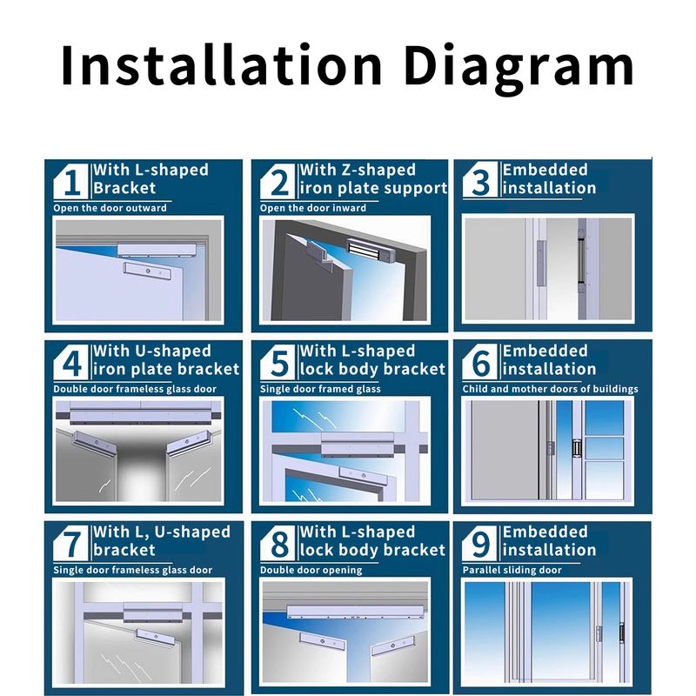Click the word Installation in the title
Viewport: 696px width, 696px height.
point(221,64)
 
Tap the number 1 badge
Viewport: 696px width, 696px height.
point(71,181)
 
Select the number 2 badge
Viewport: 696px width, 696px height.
point(278,181)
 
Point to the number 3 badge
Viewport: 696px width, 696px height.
point(480,181)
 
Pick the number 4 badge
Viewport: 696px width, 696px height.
point(71,362)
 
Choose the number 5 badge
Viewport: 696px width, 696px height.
point(278,362)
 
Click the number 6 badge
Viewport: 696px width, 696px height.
point(480,362)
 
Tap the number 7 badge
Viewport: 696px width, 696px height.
point(71,543)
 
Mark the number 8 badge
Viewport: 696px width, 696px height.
point(278,543)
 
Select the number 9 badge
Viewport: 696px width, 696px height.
point(480,543)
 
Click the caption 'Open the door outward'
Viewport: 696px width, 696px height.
point(110,208)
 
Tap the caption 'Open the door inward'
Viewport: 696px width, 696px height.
point(313,208)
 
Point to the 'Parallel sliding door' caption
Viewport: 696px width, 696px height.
point(512,571)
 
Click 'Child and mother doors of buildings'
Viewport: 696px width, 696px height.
point(551,389)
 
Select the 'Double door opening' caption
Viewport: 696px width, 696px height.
point(311,571)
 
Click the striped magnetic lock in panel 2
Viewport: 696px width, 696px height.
point(371,251)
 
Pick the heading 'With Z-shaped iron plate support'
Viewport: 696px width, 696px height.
point(373,179)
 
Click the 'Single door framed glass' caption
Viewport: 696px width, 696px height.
point(320,389)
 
